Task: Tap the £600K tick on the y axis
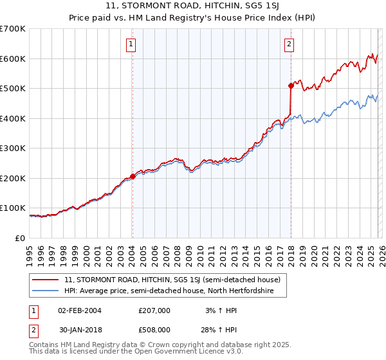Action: click(x=13, y=59)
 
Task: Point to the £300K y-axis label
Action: click(x=13, y=148)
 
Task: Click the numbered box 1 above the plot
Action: click(x=131, y=44)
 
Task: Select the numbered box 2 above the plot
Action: click(x=289, y=44)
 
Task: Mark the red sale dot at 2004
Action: click(x=133, y=176)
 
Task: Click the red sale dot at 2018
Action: click(x=291, y=85)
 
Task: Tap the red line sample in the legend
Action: click(x=46, y=280)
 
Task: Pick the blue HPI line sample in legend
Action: click(x=46, y=291)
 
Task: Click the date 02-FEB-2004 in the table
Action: click(x=79, y=310)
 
